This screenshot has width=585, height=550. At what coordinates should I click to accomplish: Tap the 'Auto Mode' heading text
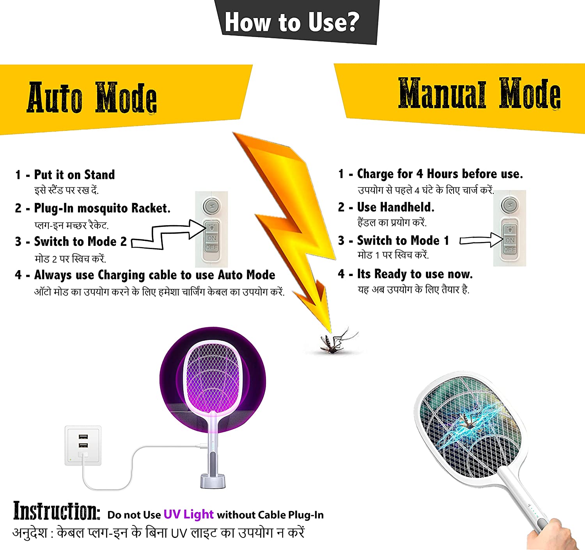tap(92, 98)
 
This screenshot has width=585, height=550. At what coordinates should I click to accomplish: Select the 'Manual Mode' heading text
tap(480, 93)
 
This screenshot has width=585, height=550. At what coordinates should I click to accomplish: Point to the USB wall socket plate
tap(83, 445)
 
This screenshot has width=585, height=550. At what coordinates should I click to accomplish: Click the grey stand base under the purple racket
tap(213, 481)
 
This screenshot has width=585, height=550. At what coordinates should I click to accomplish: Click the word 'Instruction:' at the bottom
tap(57, 511)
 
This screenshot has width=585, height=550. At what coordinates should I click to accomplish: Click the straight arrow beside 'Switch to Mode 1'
tap(481, 240)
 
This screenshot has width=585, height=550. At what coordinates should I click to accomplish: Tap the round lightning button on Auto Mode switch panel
tap(211, 206)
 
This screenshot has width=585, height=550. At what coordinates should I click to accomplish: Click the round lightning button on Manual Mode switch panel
tap(510, 205)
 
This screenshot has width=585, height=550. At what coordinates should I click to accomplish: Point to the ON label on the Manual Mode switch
tap(510, 240)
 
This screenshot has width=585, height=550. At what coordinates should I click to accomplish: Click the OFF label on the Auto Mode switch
tap(211, 247)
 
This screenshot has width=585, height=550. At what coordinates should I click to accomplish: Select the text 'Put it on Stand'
tap(74, 174)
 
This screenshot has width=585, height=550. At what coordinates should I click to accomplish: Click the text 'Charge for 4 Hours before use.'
tap(440, 174)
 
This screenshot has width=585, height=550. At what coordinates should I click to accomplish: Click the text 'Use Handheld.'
tap(395, 207)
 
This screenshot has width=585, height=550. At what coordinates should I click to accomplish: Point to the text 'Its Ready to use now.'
tap(415, 274)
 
